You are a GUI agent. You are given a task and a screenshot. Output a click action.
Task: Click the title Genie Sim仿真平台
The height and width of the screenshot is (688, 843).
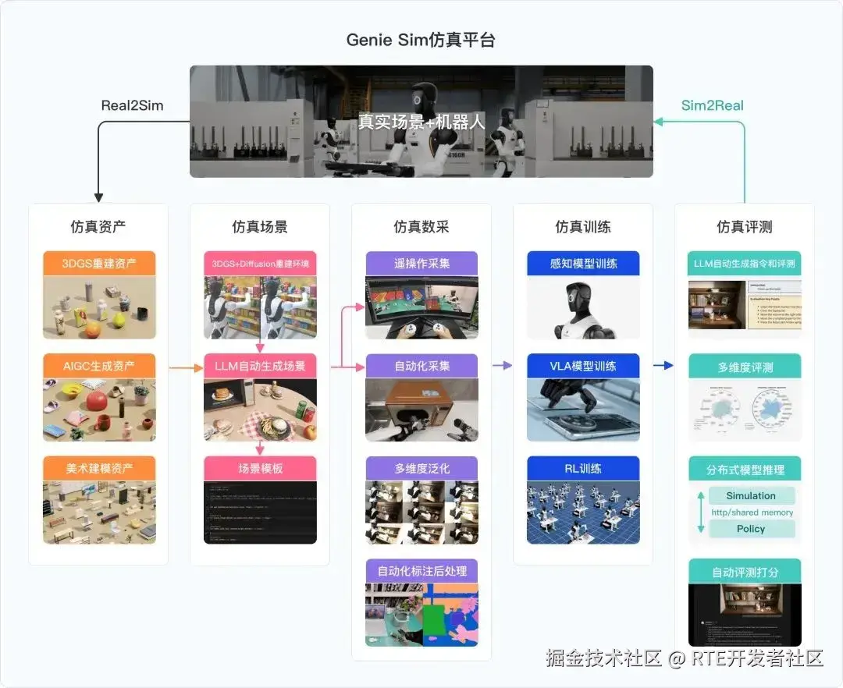pos(421,40)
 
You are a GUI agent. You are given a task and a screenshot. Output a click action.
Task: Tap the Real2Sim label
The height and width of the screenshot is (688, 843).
pos(132,105)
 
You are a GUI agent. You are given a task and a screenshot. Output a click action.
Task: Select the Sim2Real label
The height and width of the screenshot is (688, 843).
pos(712,105)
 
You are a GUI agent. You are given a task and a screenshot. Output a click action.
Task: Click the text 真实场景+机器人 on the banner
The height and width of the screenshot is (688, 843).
pos(421,122)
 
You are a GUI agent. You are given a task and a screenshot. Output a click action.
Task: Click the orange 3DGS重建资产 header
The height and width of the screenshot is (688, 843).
pos(99,263)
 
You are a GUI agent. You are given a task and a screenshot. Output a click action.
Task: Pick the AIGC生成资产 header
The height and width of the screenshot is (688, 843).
pos(99,366)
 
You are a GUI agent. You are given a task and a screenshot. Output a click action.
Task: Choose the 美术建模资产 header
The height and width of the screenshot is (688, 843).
pos(99,468)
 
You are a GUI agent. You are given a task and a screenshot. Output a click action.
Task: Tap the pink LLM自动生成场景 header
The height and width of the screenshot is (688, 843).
pos(260,366)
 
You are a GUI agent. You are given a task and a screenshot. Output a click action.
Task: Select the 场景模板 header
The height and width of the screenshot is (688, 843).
pos(260,468)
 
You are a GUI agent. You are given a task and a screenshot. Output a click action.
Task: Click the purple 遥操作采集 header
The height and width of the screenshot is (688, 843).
pos(421,263)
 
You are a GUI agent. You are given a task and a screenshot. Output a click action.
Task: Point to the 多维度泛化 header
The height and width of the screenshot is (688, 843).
pos(421,468)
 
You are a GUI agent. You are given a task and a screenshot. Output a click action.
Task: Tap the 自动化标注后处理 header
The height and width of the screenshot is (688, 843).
pos(421,570)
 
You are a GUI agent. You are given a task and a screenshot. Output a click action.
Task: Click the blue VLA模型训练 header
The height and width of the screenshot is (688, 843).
pos(583,366)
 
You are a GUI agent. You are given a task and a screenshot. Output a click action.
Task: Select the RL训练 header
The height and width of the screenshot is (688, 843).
pos(583,468)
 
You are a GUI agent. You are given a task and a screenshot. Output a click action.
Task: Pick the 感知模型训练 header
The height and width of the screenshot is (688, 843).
pos(583,263)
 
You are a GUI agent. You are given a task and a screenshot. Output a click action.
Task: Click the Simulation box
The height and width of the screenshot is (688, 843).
pos(751,495)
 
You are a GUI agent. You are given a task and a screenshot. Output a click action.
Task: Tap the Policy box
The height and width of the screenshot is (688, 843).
pos(751,529)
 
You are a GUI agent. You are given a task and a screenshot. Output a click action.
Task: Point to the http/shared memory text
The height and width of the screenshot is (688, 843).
pos(752,512)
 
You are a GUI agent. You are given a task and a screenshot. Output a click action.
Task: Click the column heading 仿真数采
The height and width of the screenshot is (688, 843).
pos(421,227)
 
